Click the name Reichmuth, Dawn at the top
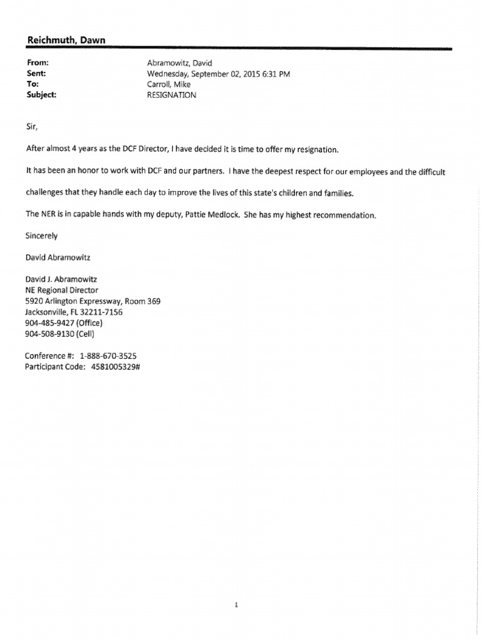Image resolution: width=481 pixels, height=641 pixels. [x=66, y=41]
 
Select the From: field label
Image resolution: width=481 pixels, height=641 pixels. [x=38, y=63]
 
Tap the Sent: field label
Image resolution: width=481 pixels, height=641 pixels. [x=36, y=74]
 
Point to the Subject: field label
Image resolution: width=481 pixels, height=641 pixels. [x=41, y=95]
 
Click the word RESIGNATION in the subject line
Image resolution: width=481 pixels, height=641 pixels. [x=170, y=95]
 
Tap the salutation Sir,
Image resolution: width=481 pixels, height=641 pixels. [x=32, y=126]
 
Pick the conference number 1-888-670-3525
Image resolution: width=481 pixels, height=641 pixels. [x=108, y=356]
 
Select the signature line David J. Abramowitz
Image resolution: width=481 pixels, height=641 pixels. [x=61, y=280]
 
